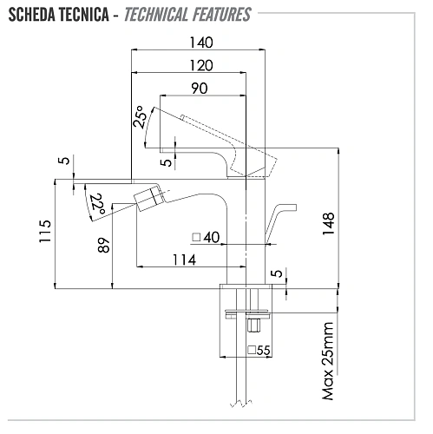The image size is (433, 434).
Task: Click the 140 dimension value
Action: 201,43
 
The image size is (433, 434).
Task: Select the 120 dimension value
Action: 201,65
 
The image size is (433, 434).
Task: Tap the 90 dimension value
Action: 200,89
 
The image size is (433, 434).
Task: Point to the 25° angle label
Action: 139,117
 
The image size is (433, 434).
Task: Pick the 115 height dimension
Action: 45,231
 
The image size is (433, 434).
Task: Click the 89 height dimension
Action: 103,246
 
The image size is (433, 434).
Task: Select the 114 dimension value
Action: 185,260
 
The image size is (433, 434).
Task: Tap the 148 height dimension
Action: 329,224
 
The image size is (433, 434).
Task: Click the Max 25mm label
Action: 328,361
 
